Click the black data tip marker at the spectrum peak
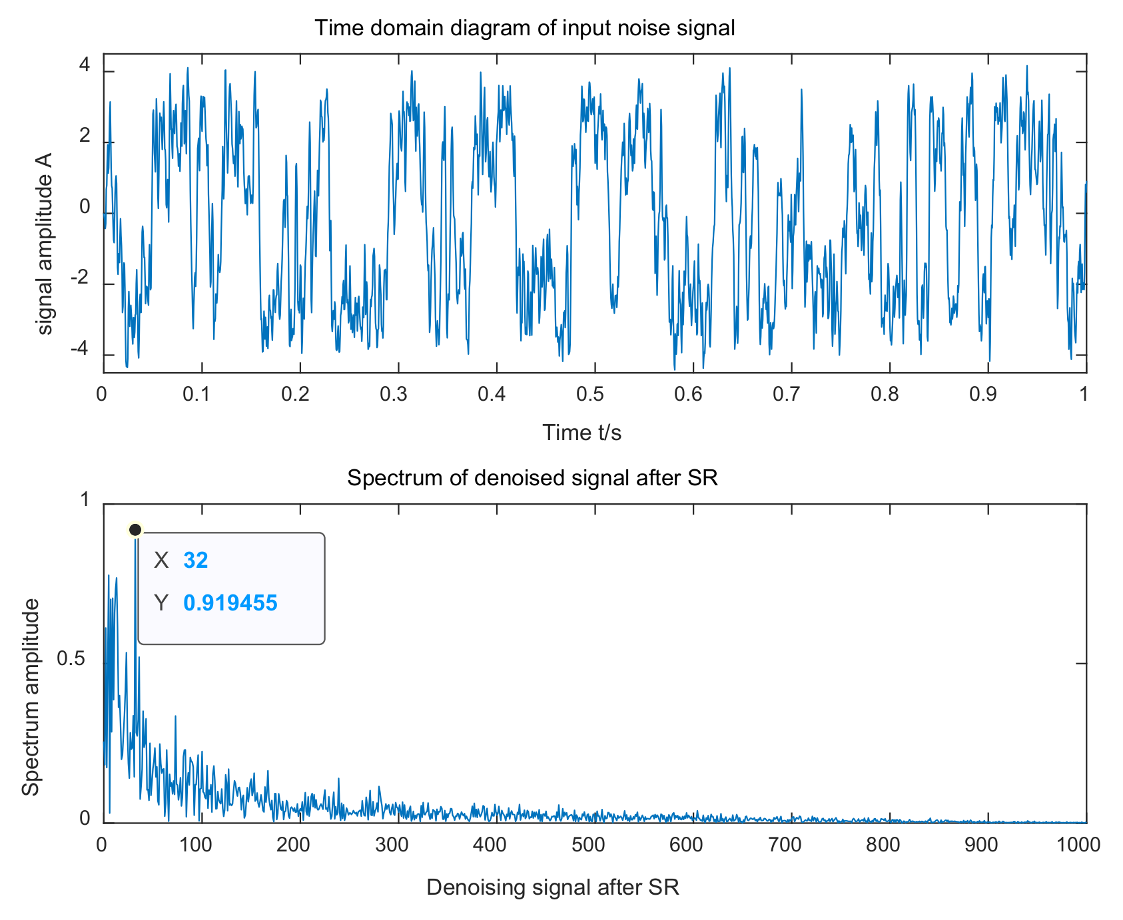click(x=135, y=530)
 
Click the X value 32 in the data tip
click(x=196, y=561)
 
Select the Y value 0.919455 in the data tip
click(x=230, y=603)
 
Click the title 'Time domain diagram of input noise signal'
click(x=524, y=28)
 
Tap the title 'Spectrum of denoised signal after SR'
click(x=532, y=478)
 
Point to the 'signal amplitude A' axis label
click(x=44, y=244)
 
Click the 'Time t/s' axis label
click(x=581, y=433)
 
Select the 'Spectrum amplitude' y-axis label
click(x=31, y=697)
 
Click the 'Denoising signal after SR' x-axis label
click(x=552, y=887)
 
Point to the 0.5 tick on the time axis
click(x=589, y=394)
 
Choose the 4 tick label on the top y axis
click(x=85, y=65)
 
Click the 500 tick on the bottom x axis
click(x=589, y=845)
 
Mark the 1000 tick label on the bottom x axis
click(x=1078, y=845)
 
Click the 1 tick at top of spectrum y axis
click(x=85, y=499)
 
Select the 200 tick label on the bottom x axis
click(x=294, y=845)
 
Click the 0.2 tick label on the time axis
click(x=294, y=394)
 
